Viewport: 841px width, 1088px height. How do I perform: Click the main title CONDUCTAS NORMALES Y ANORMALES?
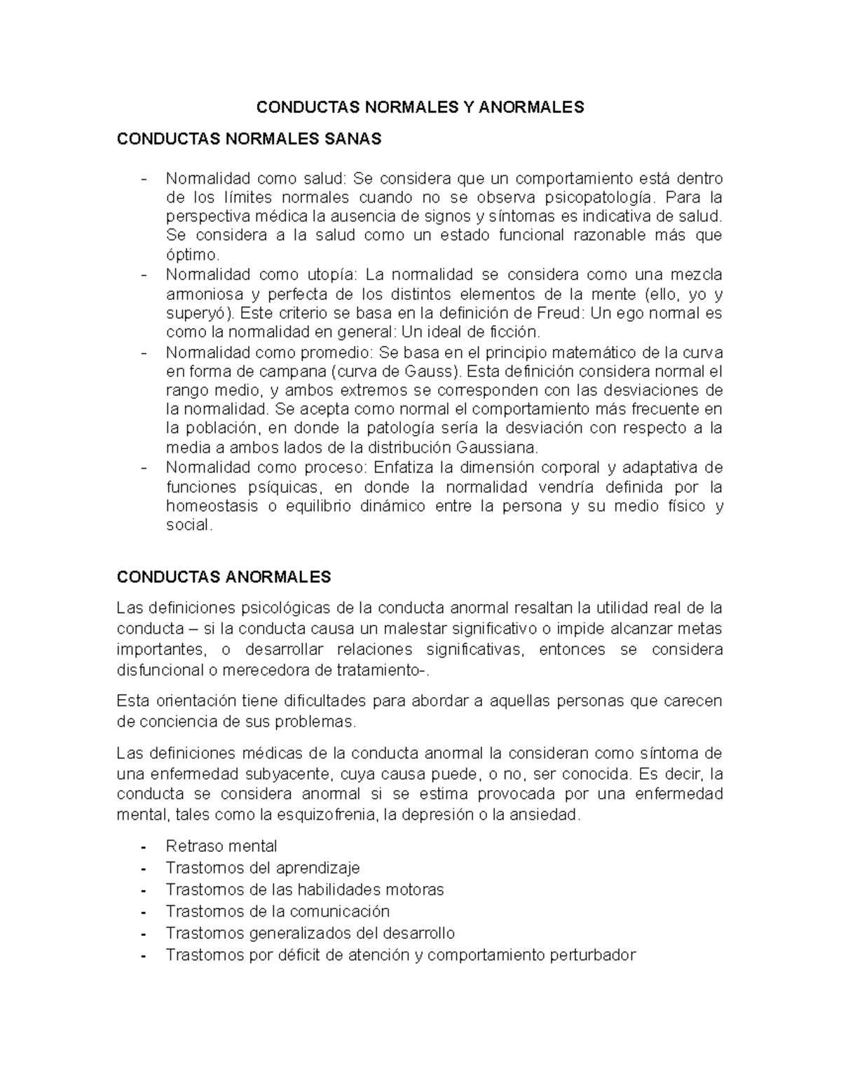tap(420, 107)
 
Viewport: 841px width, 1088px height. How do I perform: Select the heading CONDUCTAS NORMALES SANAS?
tap(249, 139)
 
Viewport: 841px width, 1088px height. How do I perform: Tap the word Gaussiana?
tap(498, 447)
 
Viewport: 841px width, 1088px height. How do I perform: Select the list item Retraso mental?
tap(221, 846)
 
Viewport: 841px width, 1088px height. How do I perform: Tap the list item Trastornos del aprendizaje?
tap(262, 868)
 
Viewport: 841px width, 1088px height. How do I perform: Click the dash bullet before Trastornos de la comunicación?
tap(143, 912)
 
